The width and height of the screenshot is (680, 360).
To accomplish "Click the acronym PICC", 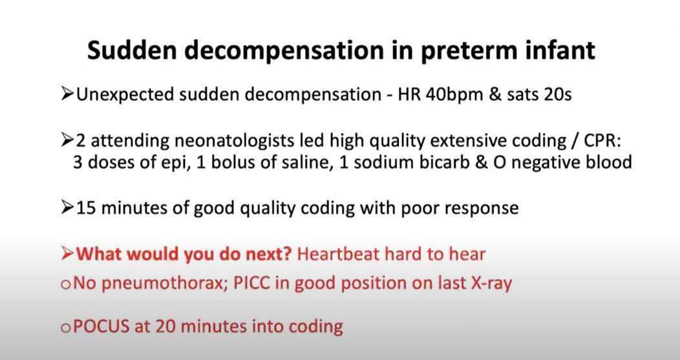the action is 252,283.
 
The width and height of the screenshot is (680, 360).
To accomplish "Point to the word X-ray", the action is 491,283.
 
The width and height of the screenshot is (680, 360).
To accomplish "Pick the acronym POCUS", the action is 101,326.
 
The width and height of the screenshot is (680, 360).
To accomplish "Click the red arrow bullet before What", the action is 68,254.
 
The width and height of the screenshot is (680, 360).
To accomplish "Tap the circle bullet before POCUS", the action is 65,328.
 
